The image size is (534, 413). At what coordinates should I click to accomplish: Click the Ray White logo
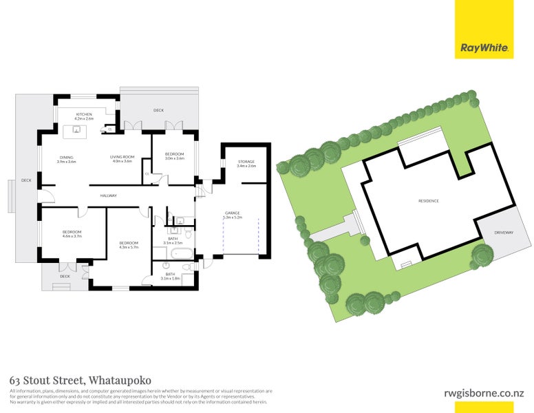pyautogui.click(x=484, y=48)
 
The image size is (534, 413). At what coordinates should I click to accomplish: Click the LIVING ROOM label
pyautogui.click(x=121, y=157)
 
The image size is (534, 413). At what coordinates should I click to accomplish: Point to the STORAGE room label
pyautogui.click(x=246, y=161)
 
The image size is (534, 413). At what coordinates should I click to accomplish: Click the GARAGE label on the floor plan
pyautogui.click(x=232, y=213)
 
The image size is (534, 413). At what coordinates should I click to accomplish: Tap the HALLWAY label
pyautogui.click(x=107, y=195)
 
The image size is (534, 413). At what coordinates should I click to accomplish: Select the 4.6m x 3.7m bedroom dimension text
pyautogui.click(x=72, y=236)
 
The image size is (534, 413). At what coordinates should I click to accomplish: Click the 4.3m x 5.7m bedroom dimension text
pyautogui.click(x=129, y=247)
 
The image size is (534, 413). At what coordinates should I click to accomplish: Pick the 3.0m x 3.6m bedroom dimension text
pyautogui.click(x=175, y=158)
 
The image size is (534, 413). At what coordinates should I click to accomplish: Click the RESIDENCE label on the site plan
pyautogui.click(x=428, y=200)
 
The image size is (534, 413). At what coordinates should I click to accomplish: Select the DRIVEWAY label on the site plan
pyautogui.click(x=504, y=233)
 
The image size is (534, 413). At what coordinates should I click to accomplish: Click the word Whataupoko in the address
pyautogui.click(x=119, y=380)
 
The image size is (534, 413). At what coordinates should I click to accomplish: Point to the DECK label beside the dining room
pyautogui.click(x=26, y=180)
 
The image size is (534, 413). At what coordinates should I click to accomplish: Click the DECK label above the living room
pyautogui.click(x=158, y=109)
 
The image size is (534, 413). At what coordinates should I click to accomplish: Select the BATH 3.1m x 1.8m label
pyautogui.click(x=170, y=276)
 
